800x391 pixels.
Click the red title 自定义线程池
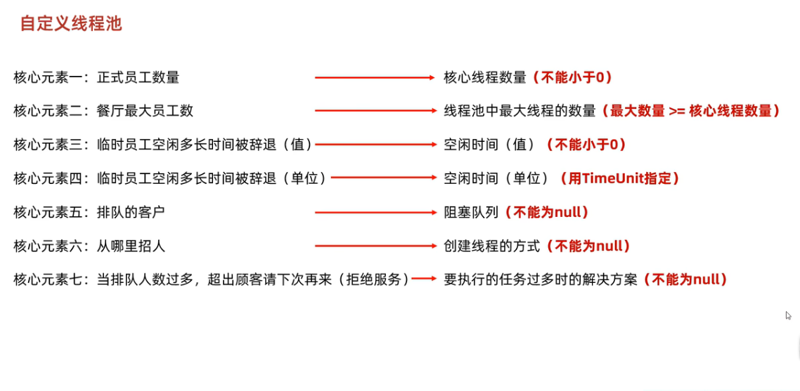[x=71, y=24]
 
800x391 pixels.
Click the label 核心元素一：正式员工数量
[x=96, y=77]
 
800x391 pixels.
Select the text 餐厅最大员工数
[x=145, y=111]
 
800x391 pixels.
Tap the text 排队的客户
[x=131, y=212]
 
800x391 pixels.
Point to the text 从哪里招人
[x=131, y=246]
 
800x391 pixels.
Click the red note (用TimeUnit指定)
[x=619, y=178]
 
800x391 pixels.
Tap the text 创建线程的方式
[x=491, y=246]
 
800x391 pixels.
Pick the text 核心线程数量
[x=485, y=77]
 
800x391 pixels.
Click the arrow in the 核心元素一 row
[x=375, y=77]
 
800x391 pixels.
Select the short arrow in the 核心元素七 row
[x=424, y=279]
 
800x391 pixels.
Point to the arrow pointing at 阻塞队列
[x=375, y=212]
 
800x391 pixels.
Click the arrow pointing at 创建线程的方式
[x=375, y=246]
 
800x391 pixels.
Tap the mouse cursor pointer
[x=788, y=316]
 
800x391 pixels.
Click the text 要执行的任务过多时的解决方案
[x=540, y=279]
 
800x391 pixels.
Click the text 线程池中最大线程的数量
[x=520, y=111]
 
